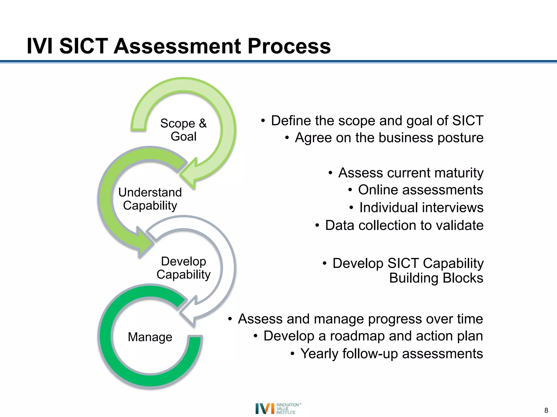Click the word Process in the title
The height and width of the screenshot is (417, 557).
tap(289, 46)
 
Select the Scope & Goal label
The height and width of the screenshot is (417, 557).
tap(184, 130)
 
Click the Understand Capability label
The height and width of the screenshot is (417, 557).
tap(150, 199)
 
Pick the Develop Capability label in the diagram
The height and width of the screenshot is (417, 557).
tap(184, 268)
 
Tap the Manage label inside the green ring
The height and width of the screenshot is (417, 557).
tap(150, 337)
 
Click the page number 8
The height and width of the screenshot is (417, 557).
tap(546, 410)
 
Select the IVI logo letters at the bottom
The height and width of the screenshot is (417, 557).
tap(265, 409)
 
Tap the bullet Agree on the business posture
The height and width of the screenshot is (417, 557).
tap(389, 138)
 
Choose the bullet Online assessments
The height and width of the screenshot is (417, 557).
tap(420, 190)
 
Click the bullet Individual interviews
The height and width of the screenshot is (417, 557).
tap(421, 208)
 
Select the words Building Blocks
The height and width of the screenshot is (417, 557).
tap(436, 278)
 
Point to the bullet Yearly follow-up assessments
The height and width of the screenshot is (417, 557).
tap(391, 354)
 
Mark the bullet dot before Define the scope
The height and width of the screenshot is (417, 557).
tap(263, 121)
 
